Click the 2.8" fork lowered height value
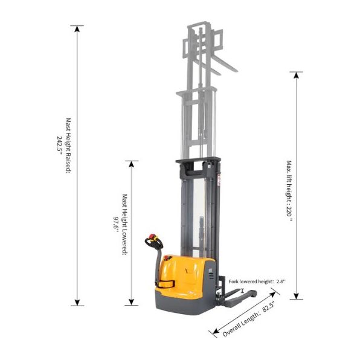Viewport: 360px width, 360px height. pos(281,281)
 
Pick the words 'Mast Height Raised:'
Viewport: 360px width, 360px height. pos(68,146)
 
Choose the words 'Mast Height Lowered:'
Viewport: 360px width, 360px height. pos(124,224)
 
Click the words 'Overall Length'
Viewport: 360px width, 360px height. pos(240,324)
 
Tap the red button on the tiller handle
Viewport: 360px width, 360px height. pos(152,236)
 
